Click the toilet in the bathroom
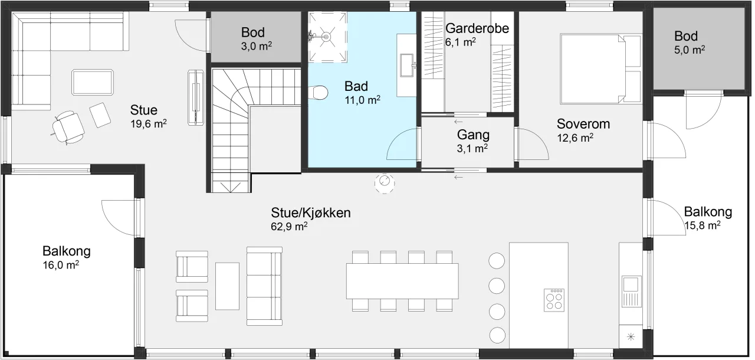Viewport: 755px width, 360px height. (318, 93)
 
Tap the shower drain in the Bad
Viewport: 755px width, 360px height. (326, 37)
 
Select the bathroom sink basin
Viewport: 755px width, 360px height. (406, 66)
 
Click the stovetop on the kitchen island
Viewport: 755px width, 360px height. (554, 300)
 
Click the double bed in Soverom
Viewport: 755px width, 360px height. (600, 68)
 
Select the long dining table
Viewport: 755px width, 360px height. (402, 281)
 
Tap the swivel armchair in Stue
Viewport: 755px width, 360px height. (68, 127)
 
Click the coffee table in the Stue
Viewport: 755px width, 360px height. (93, 82)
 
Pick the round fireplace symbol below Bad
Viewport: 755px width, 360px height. (385, 183)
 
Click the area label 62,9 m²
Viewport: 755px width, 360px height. (289, 226)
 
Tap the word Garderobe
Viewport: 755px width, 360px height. (477, 29)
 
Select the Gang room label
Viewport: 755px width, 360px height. (473, 135)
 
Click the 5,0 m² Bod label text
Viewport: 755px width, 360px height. (690, 50)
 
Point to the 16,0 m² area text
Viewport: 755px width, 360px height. (61, 265)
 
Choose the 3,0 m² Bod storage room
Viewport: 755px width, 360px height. (256, 37)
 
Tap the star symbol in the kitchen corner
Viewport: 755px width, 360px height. (631, 337)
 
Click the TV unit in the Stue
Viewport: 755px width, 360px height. (196, 98)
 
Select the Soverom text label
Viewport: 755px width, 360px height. (583, 124)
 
